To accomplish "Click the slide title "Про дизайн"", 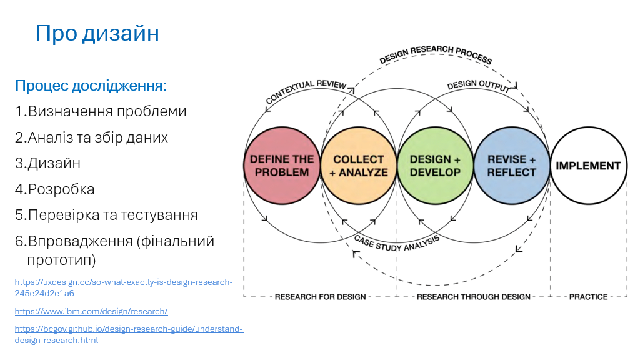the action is coord(97,33).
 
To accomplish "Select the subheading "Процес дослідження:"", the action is coord(91,86).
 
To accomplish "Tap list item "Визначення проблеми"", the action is coord(101,111).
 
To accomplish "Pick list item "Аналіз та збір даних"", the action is coord(91,137).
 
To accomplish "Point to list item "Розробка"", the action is coord(55,189).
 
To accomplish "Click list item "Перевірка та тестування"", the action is coord(106,215).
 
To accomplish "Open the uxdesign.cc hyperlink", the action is coord(124,287).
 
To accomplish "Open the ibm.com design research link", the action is coord(91,311).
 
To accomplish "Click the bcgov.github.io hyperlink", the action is coord(129,334).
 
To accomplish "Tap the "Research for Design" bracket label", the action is coord(321,297).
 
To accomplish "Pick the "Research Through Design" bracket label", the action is coord(474,297).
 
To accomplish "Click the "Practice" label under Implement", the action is coord(589,297).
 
